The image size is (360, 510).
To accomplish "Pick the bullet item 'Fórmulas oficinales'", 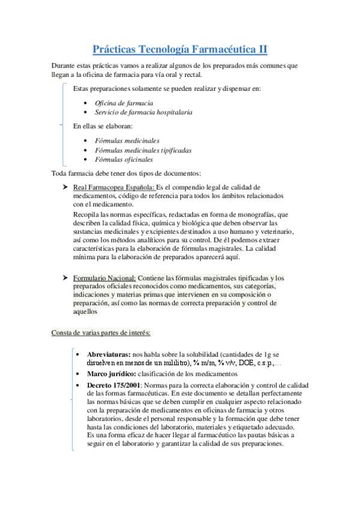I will (x=124, y=159).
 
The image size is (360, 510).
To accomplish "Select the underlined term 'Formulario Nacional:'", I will (x=105, y=278).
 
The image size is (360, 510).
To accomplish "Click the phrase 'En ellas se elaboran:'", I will (x=103, y=126).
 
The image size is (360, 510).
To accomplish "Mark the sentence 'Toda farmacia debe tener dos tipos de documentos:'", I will (x=130, y=173).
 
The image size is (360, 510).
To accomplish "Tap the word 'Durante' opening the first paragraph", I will (x=64, y=65).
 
